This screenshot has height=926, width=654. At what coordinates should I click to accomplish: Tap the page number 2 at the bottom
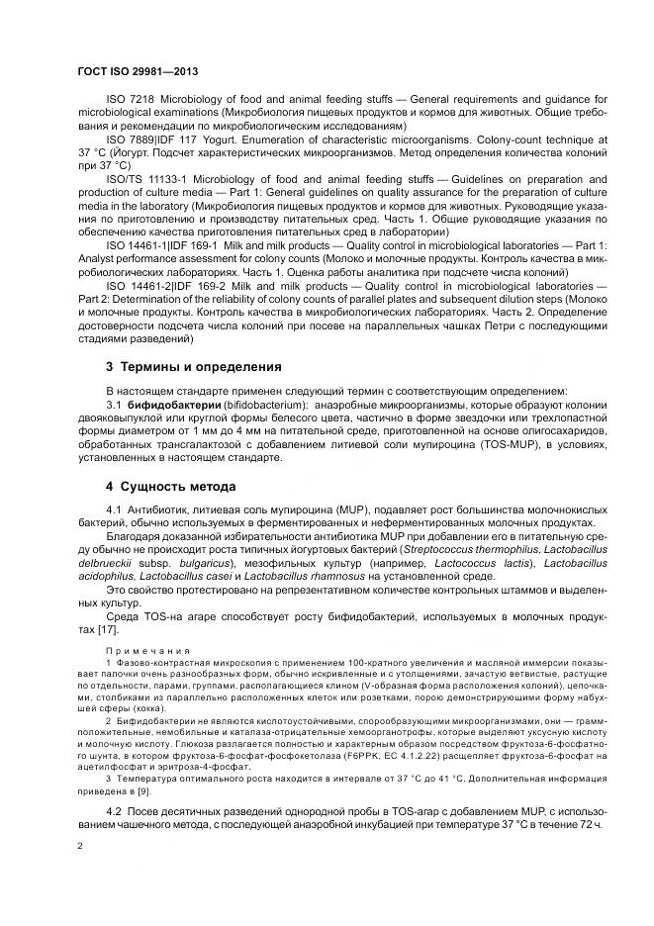[x=80, y=847]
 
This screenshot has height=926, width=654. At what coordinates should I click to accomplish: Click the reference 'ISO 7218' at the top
[x=128, y=100]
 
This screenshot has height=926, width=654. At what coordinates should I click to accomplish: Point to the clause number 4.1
[x=114, y=509]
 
